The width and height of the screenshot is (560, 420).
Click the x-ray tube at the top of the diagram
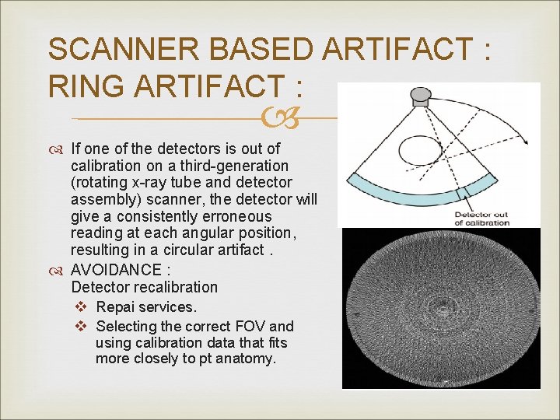421,96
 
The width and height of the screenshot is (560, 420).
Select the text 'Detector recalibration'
144,287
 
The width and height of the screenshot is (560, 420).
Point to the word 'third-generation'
236,166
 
